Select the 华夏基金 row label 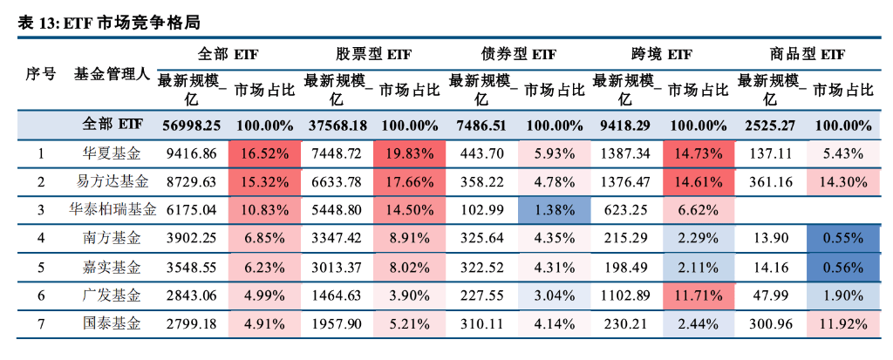(111, 153)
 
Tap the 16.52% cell (264, 153)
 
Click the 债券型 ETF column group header (518, 54)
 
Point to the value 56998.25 (192, 125)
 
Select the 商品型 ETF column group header (808, 54)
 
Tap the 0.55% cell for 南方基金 (843, 238)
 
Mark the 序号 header (40, 74)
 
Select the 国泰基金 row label (111, 323)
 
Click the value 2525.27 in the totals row (770, 125)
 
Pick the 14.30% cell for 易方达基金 (843, 182)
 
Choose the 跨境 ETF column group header (661, 54)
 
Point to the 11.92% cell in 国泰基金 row (843, 323)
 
